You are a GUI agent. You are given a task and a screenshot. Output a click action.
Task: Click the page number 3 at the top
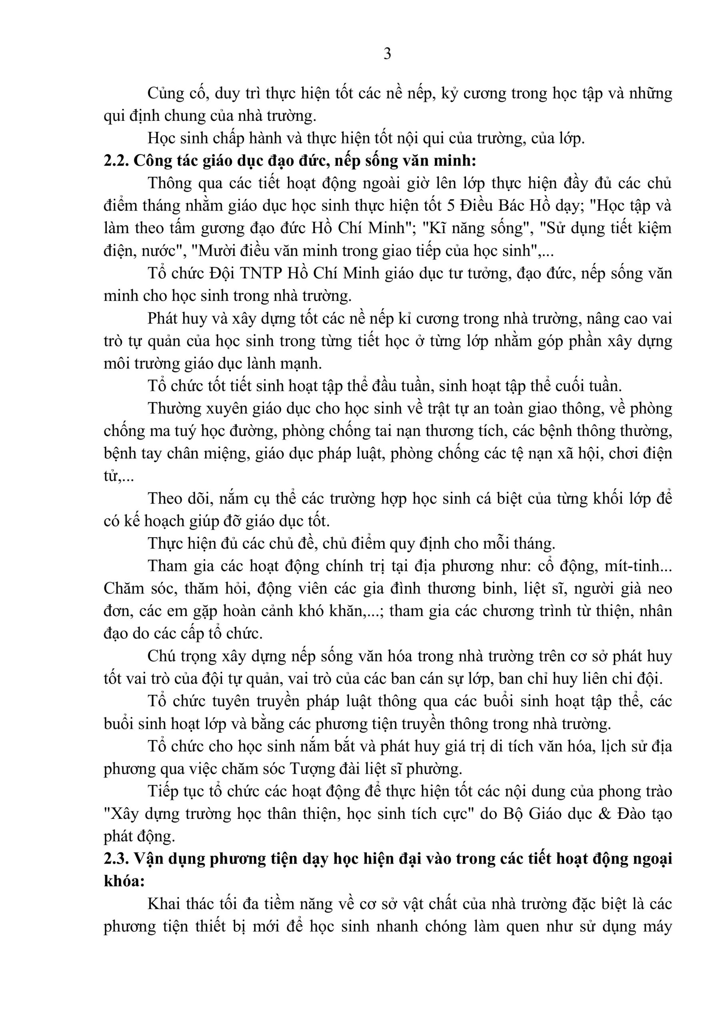(387, 54)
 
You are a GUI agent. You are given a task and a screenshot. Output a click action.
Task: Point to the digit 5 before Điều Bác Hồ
(450, 206)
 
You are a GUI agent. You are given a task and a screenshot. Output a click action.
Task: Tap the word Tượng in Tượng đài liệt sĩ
(311, 769)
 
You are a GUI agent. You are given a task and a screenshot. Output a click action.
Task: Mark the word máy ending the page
(658, 927)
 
